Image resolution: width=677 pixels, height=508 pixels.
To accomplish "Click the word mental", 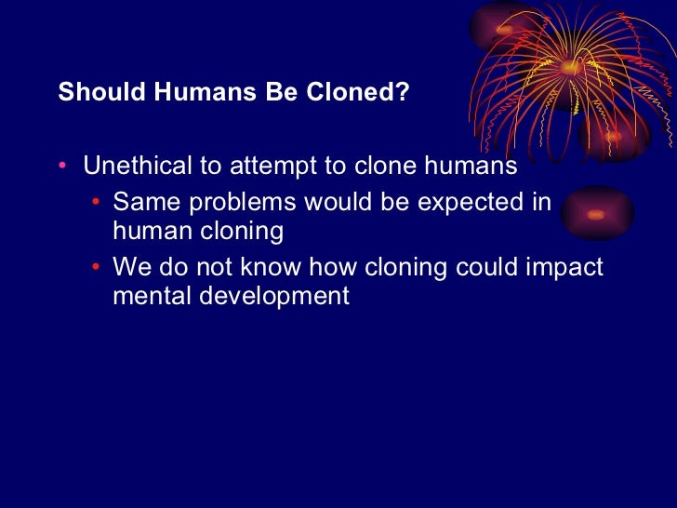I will click(x=148, y=296).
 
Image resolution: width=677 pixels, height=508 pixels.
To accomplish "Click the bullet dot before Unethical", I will click(x=62, y=167).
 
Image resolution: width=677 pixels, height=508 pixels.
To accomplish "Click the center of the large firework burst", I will click(x=568, y=67).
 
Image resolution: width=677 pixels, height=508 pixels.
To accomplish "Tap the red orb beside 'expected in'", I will click(x=596, y=214).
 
